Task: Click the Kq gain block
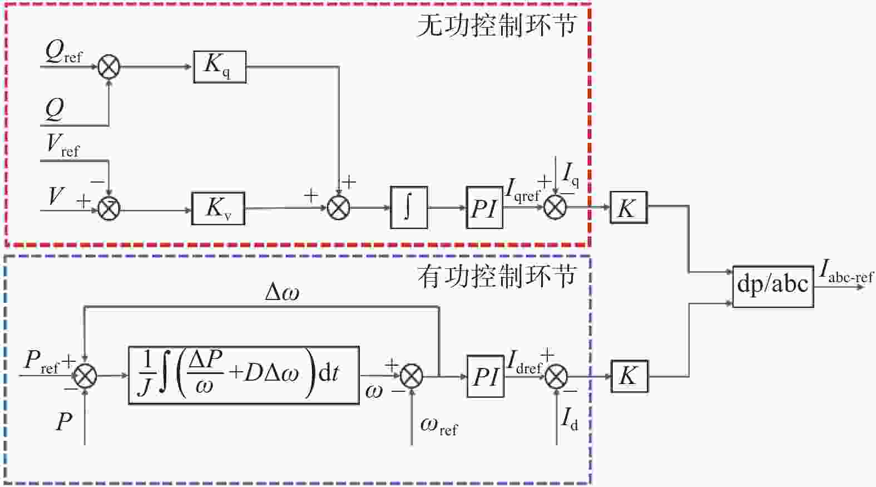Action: (220, 67)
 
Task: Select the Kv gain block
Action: (218, 208)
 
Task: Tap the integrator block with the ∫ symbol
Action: (409, 208)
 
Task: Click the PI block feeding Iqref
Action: (484, 208)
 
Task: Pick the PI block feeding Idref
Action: (486, 377)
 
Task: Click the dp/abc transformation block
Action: (773, 287)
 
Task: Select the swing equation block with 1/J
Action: (244, 376)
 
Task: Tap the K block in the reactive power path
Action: (629, 208)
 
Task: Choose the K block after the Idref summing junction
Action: (630, 376)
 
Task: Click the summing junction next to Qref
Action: (108, 67)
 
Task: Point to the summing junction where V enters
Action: (108, 209)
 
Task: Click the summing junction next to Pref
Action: (85, 376)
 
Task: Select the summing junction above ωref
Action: (412, 376)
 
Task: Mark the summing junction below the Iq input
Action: (555, 207)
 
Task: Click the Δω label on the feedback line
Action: (282, 292)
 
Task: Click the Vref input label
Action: (63, 146)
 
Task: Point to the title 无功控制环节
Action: (497, 26)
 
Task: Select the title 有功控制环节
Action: (497, 277)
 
